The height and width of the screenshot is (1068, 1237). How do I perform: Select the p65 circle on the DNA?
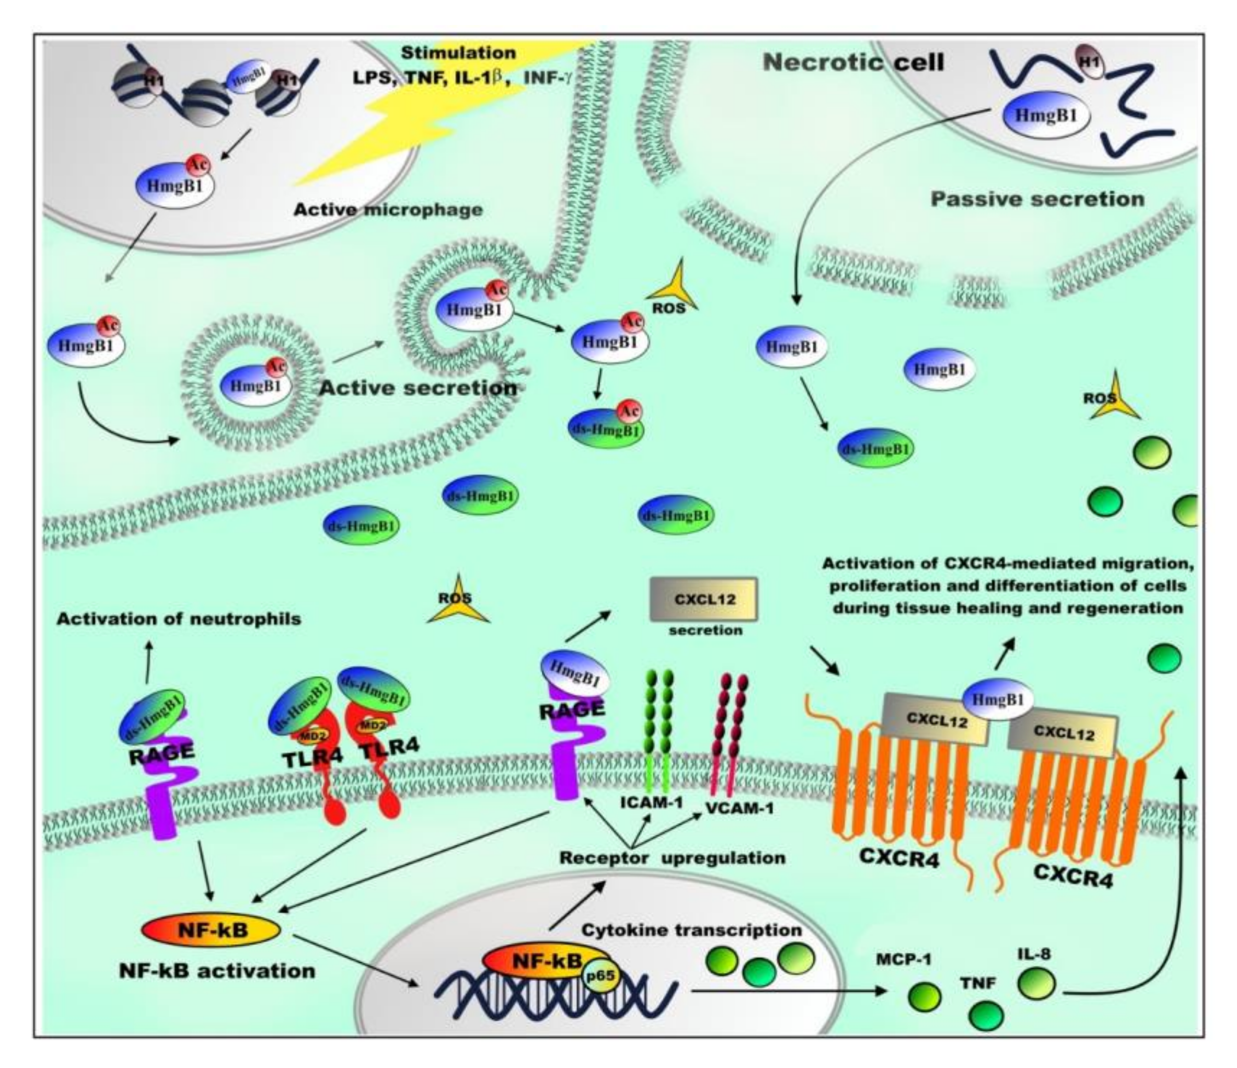(x=602, y=975)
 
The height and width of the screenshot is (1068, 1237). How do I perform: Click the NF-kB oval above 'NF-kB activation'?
(x=211, y=930)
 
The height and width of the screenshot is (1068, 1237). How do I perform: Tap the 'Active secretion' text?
(x=418, y=388)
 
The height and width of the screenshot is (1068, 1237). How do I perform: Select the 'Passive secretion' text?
(x=1038, y=199)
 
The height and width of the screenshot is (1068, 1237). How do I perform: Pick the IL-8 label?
(x=1034, y=955)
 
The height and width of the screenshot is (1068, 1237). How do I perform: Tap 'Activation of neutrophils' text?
(x=179, y=619)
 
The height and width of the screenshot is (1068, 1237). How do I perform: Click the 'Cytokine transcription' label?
(x=691, y=930)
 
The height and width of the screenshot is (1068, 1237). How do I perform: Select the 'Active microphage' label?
(x=388, y=210)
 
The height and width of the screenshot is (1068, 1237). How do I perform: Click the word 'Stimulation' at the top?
(x=458, y=52)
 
